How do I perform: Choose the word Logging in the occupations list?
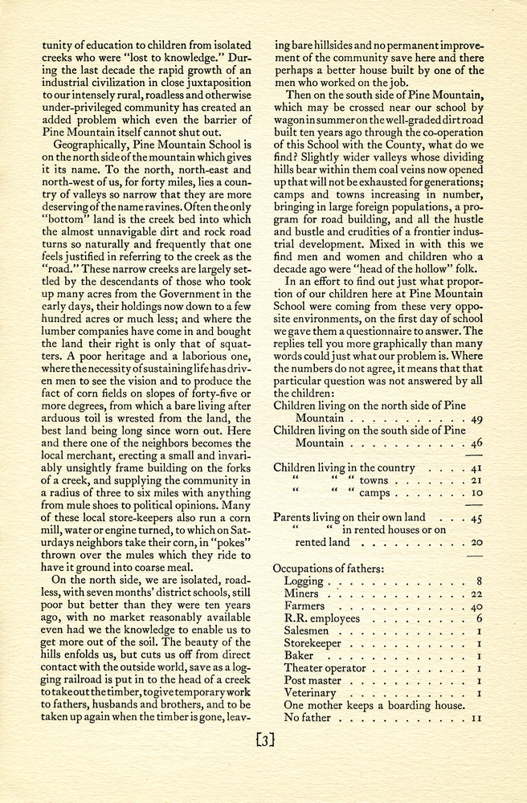(303, 581)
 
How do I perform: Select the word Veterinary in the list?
(310, 693)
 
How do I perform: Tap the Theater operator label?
(325, 668)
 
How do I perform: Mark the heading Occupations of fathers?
(329, 568)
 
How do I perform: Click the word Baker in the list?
(298, 656)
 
